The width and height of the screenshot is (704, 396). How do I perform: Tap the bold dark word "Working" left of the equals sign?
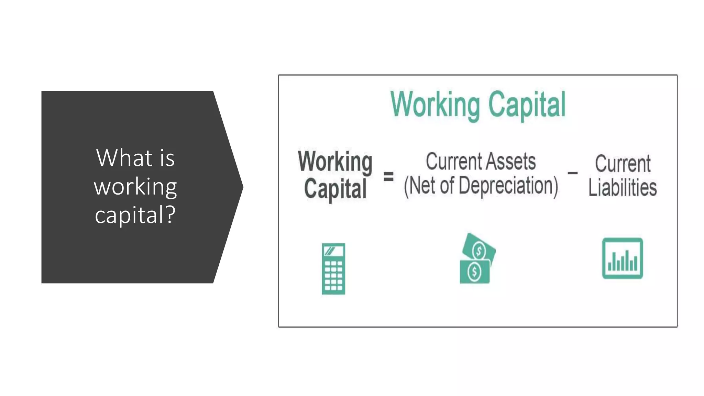click(335, 162)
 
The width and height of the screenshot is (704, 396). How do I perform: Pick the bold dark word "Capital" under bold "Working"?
click(335, 189)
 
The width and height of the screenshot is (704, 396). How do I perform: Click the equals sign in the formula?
click(388, 177)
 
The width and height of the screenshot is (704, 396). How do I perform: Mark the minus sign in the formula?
click(572, 173)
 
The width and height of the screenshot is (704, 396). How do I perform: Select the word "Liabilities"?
click(623, 188)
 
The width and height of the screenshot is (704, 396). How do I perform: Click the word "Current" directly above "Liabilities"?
click(623, 164)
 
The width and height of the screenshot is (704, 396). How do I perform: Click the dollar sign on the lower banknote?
click(474, 272)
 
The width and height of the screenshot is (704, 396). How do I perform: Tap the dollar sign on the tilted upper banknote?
click(479, 251)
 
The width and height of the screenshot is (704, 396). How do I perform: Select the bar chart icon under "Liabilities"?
click(623, 258)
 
